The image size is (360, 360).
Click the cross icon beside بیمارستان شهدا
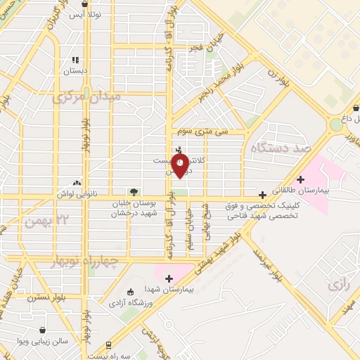coord(169,278)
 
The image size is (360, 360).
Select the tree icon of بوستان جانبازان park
coord(132,191)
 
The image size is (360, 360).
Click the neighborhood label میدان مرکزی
coord(87,96)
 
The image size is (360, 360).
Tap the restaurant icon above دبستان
coord(76,60)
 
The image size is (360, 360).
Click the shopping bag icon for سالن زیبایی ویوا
coord(44,329)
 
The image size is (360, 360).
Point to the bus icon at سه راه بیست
coord(108,345)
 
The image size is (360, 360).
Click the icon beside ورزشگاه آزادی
coord(129,292)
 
